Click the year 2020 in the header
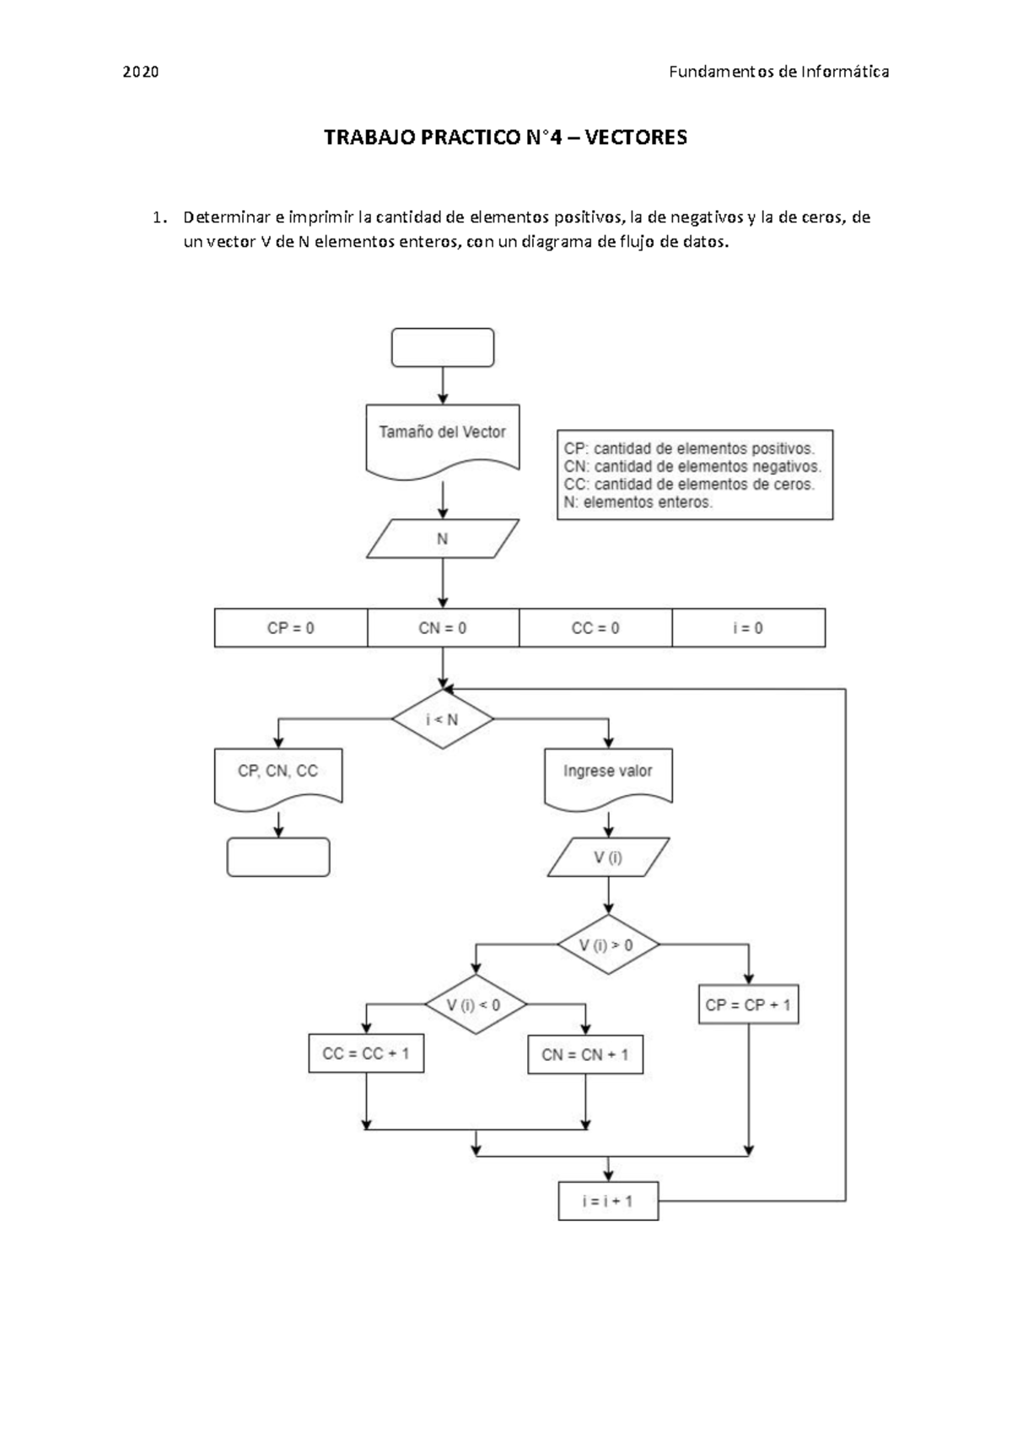pyautogui.click(x=141, y=72)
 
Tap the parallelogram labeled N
pyautogui.click(x=442, y=539)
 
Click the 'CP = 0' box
pyautogui.click(x=291, y=628)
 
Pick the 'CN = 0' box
pyautogui.click(x=443, y=628)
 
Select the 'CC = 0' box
pyautogui.click(x=595, y=628)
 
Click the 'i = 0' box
pyautogui.click(x=748, y=628)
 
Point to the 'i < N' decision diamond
pyautogui.click(x=442, y=719)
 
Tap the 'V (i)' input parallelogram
pyautogui.click(x=607, y=857)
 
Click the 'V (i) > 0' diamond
pyautogui.click(x=607, y=944)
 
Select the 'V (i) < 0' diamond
pyautogui.click(x=475, y=1005)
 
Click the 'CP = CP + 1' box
pyautogui.click(x=749, y=1005)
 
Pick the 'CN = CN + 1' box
pyautogui.click(x=585, y=1055)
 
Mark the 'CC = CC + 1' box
pyautogui.click(x=366, y=1054)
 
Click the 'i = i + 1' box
pyautogui.click(x=607, y=1201)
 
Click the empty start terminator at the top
pyautogui.click(x=442, y=347)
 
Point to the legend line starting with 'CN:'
pyautogui.click(x=692, y=466)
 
